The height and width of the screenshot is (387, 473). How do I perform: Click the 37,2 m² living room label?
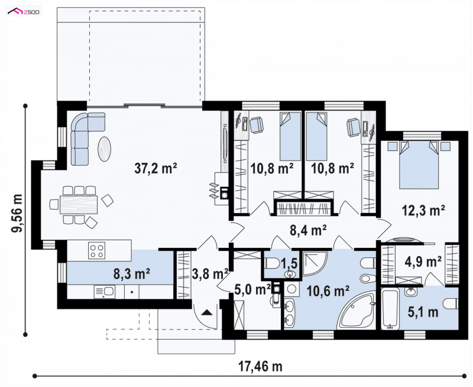155,169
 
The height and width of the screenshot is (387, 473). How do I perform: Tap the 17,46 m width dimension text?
261,367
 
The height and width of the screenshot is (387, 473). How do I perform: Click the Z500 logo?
24,12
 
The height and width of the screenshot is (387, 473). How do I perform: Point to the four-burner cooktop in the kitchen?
97,250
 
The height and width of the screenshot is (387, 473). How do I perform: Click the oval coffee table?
105,149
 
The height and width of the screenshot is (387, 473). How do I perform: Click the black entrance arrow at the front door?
207,312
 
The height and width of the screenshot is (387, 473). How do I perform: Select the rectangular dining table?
79,205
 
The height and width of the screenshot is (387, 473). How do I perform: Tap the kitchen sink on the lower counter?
104,292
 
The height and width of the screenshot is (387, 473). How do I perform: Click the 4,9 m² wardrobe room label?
423,262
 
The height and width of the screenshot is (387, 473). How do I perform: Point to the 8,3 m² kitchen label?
132,274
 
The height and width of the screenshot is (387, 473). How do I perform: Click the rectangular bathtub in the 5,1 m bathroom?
390,308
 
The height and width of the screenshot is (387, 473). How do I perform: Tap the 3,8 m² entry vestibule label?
210,274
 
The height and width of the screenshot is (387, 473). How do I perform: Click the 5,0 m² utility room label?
253,290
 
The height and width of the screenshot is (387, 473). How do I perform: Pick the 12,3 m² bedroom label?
423,211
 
